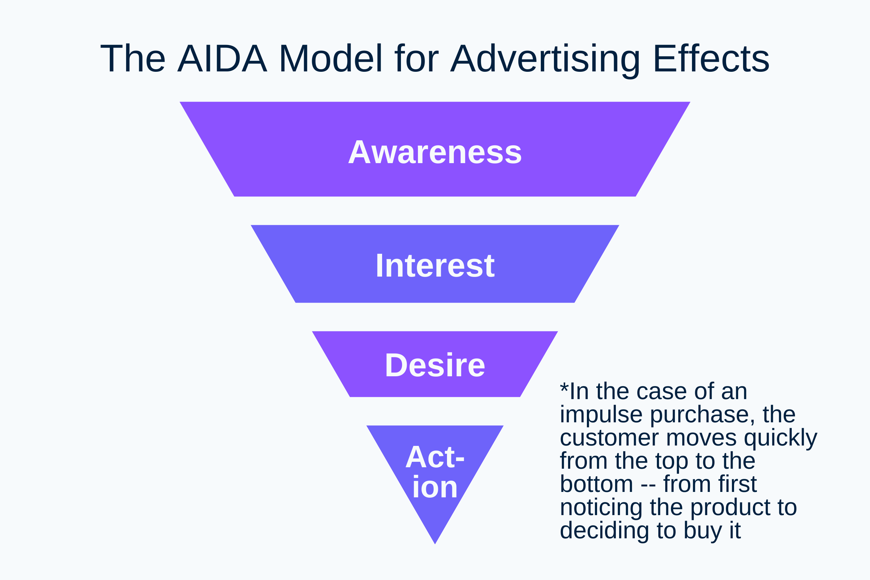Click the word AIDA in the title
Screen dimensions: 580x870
pos(222,59)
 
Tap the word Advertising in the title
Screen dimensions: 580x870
pos(545,59)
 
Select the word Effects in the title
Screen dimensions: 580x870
pos(711,59)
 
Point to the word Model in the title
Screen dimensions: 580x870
pos(330,59)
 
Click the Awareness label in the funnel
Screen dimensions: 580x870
pos(435,152)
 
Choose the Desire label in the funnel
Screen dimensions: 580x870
pos(435,365)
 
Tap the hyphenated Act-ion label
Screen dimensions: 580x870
pos(435,472)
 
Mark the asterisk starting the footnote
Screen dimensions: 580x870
pos(564,388)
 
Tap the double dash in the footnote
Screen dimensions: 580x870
pos(648,484)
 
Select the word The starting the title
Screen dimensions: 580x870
pos(132,59)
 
